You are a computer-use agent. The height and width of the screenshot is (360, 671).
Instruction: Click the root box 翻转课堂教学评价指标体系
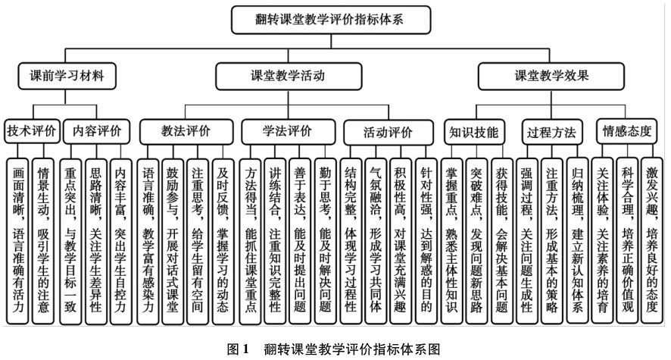329,19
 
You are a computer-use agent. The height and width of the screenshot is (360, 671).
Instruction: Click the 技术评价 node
31,130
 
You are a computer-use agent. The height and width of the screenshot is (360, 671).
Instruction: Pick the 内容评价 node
92,130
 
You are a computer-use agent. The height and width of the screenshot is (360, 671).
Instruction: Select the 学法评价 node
287,130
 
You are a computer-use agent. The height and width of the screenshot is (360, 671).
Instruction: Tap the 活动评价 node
389,131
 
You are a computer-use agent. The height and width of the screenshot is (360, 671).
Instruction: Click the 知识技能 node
473,131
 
